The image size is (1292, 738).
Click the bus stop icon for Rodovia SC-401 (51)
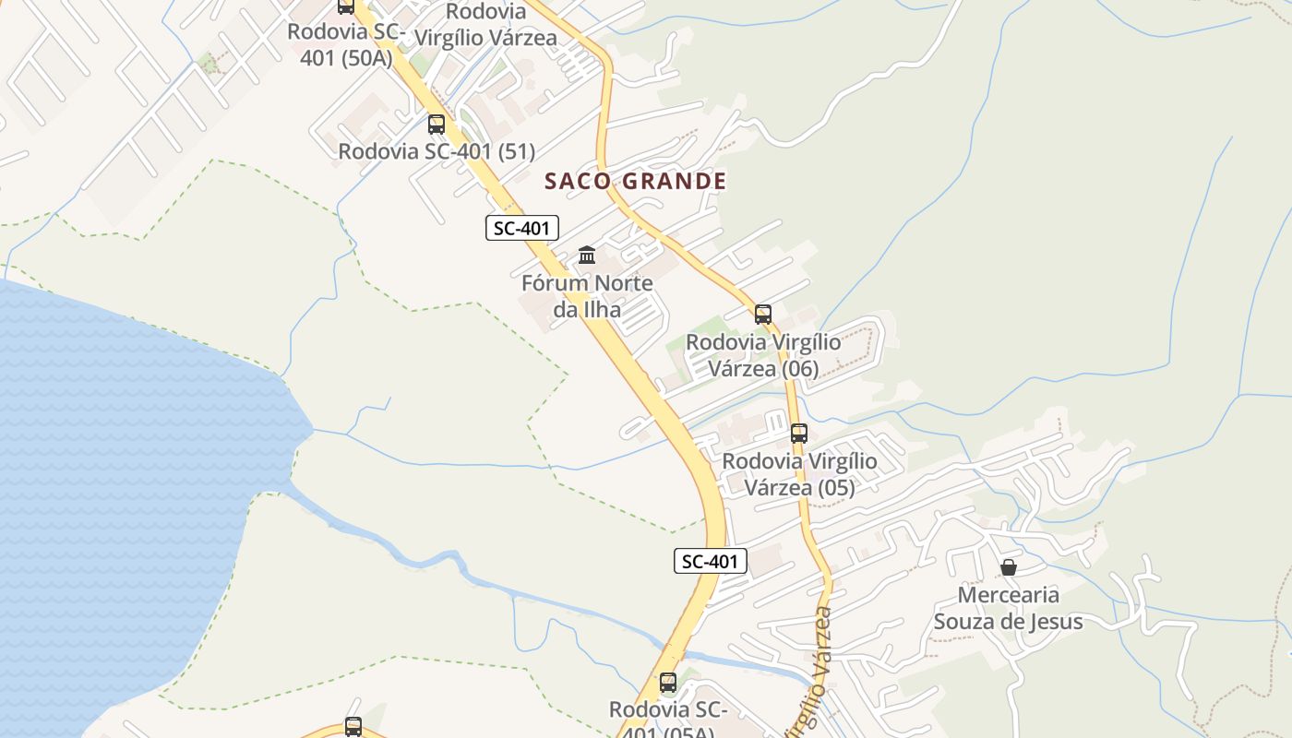437,124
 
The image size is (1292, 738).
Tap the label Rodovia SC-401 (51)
437,151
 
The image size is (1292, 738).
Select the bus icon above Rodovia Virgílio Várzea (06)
763,314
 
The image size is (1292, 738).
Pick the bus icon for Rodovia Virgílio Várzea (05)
799,433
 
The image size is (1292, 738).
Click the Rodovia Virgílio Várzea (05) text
800,474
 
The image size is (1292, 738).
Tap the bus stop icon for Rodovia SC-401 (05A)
668,683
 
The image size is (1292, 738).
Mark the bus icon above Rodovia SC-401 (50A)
346,6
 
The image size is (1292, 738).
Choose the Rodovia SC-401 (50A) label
346,44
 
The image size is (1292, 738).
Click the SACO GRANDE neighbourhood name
636,181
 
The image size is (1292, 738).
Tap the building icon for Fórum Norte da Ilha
587,255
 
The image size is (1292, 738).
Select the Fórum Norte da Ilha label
587,295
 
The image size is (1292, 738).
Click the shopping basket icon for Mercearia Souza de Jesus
1009,567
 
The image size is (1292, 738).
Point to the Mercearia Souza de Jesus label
1009,608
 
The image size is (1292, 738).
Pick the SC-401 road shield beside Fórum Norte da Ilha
522,228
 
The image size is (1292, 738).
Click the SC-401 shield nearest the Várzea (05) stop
710,560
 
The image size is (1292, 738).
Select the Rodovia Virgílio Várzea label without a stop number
486,25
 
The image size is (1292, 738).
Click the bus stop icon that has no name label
353,726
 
